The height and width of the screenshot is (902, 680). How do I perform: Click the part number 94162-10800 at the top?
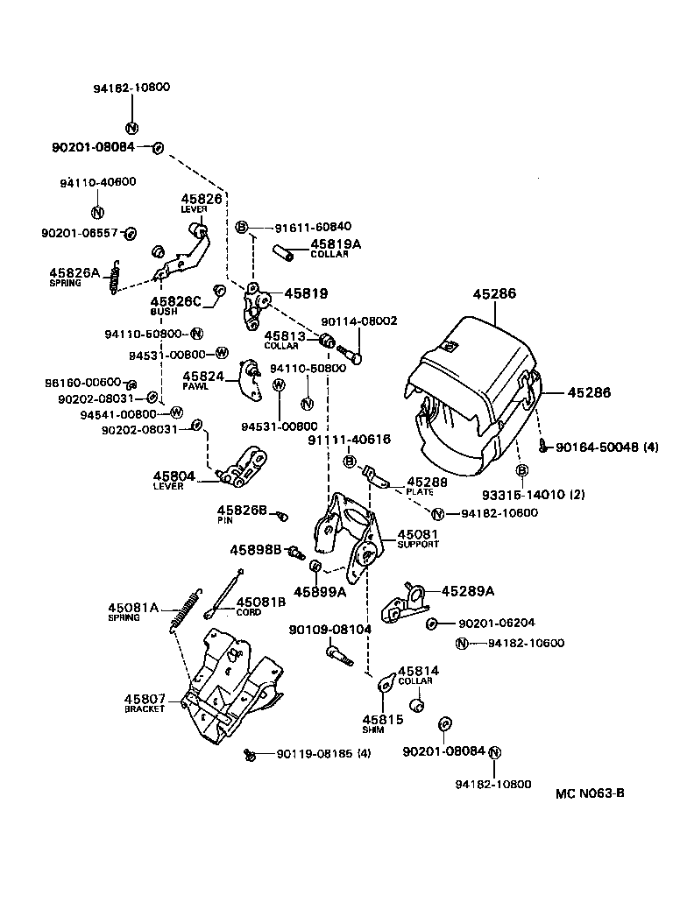click(131, 88)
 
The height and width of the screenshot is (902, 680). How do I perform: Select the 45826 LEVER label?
click(202, 203)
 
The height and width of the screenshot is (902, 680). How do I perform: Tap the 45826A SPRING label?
click(75, 277)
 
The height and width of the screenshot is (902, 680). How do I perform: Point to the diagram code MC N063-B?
click(590, 794)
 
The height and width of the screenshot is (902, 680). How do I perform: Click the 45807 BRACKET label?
click(145, 702)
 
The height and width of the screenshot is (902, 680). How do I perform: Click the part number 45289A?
click(468, 590)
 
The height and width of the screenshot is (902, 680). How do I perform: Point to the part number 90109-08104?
click(330, 629)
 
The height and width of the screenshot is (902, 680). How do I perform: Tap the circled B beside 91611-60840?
click(242, 227)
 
